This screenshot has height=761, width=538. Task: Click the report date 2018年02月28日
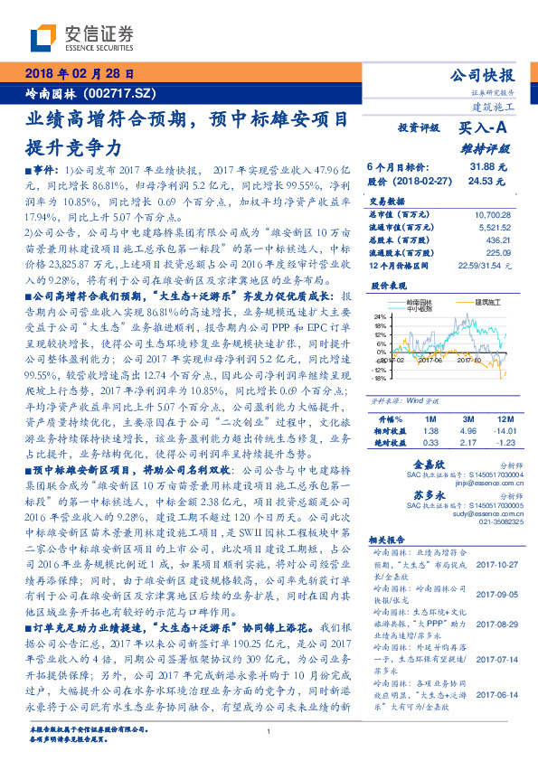coord(82,73)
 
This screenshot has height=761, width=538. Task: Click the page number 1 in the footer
coord(269,730)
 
